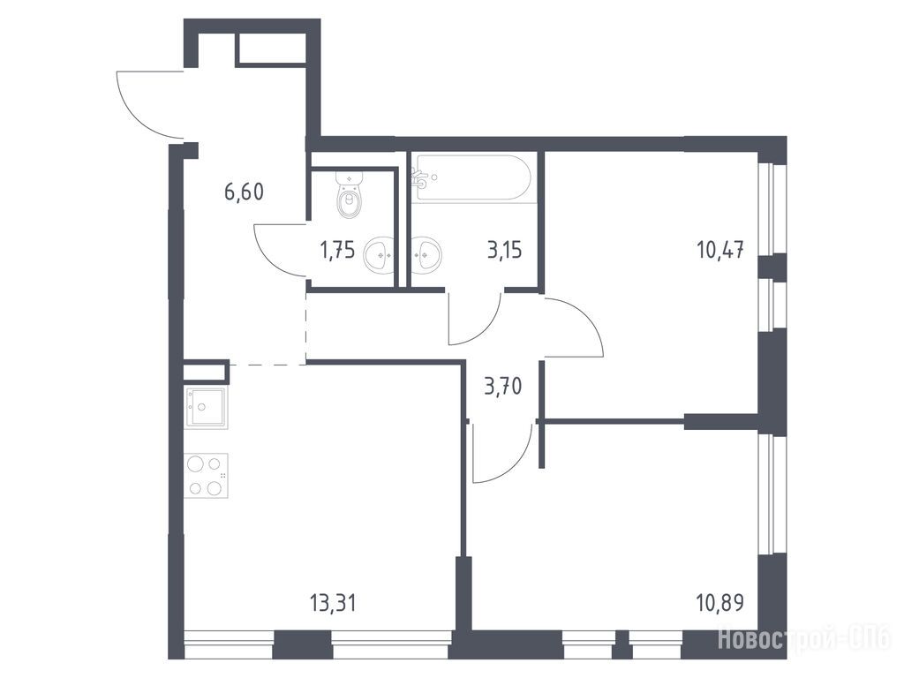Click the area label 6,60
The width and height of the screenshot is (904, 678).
tap(244, 192)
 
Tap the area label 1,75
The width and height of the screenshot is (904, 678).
tap(337, 251)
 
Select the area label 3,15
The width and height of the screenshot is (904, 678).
tap(504, 251)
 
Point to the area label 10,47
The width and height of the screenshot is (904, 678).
tap(720, 251)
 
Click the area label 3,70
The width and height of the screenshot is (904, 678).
tap(503, 386)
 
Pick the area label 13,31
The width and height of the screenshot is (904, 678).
tap(333, 604)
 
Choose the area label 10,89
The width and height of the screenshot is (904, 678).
tap(720, 603)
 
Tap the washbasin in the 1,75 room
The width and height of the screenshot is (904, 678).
tap(379, 253)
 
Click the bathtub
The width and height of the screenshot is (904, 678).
tap(471, 178)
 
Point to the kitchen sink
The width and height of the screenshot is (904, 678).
tap(205, 408)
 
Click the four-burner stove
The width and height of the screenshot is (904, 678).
tap(206, 476)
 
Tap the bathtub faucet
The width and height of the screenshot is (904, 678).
tap(420, 177)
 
